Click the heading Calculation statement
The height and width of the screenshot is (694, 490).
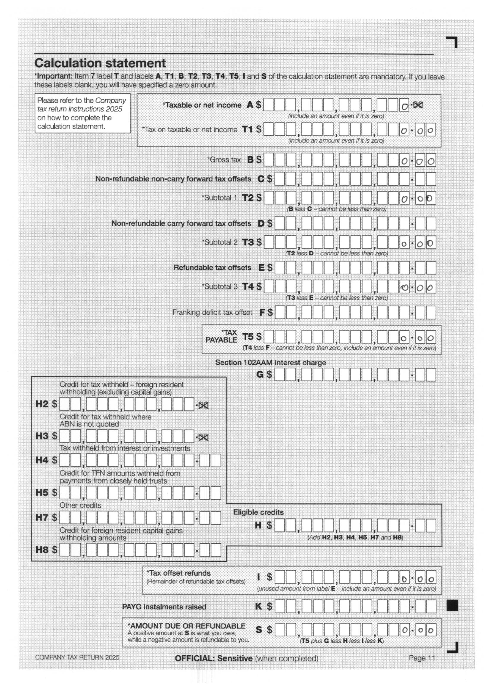point(100,63)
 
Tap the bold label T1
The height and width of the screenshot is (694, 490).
point(247,129)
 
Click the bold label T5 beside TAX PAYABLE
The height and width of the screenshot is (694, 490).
point(248,336)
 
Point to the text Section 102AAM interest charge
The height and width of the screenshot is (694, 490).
point(271,362)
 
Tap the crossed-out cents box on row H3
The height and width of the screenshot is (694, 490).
point(203,437)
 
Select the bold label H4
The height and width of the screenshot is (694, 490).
point(42,460)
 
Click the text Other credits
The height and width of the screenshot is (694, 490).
point(80,505)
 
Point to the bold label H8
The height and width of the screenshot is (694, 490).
point(42,549)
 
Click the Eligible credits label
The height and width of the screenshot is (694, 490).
point(258,512)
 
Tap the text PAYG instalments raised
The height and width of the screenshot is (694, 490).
point(164,607)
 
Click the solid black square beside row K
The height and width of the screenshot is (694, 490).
point(452,605)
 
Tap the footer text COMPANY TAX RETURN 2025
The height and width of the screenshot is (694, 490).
point(77,657)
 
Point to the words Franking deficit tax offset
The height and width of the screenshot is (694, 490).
point(212,312)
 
